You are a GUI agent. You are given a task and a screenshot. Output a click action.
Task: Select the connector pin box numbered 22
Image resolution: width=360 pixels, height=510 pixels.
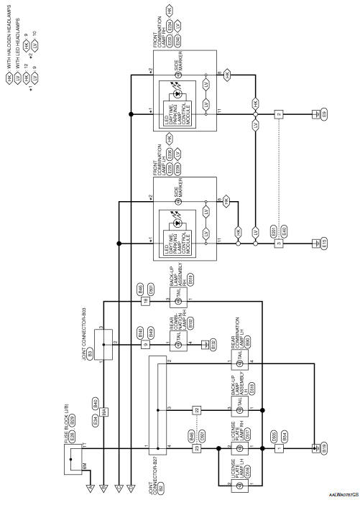(x=194, y=409)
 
